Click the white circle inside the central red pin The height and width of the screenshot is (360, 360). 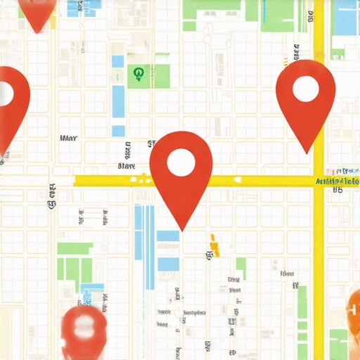[181, 161]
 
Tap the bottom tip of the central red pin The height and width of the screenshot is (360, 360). [182, 229]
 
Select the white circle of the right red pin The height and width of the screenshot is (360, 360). [306, 89]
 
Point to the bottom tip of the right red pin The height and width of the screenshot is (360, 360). [306, 152]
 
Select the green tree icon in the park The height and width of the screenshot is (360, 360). [138, 73]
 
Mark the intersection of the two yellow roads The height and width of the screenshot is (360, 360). [319, 181]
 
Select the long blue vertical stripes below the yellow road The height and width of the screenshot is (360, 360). [144, 246]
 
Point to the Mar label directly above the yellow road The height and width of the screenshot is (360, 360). [127, 167]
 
